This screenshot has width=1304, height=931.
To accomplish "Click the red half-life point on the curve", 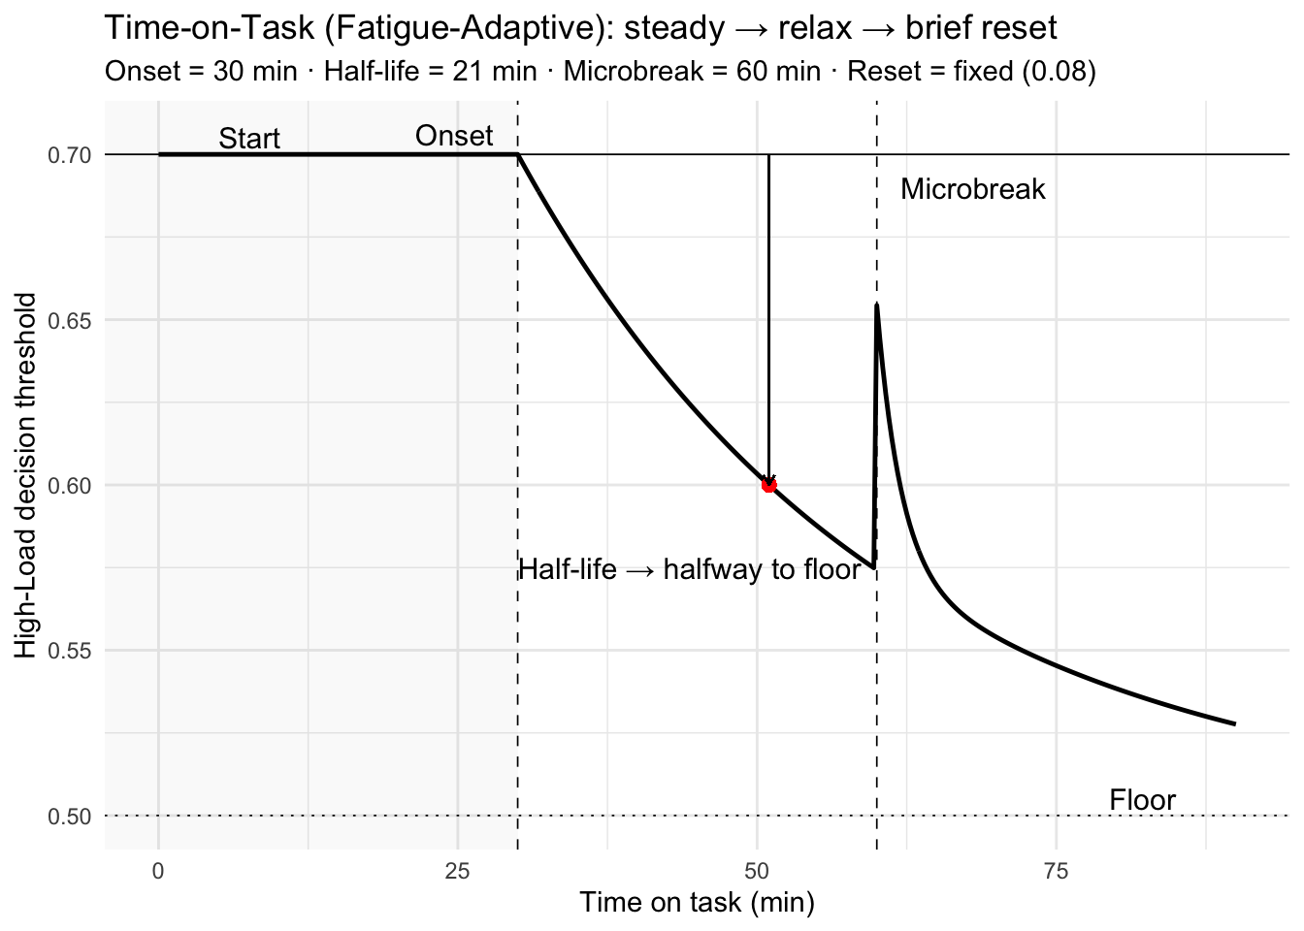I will tap(768, 485).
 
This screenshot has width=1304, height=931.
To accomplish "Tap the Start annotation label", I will tap(248, 139).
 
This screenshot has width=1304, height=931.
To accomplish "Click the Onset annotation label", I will tap(454, 136).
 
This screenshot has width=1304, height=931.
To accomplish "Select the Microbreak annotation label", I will tap(972, 189).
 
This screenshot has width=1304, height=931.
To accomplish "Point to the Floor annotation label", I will tap(1142, 800).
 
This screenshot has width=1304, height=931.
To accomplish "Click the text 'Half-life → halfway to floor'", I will tap(689, 569).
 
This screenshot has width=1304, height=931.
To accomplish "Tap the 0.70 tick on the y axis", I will tap(69, 155).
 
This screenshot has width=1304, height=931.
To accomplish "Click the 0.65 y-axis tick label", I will tap(69, 320).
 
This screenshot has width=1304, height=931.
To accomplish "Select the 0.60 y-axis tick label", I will tap(69, 485).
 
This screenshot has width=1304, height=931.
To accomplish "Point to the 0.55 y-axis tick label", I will tap(69, 651).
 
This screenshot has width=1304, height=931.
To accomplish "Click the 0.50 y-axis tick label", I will tap(69, 817).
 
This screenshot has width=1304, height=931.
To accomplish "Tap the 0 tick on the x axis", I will tap(158, 871).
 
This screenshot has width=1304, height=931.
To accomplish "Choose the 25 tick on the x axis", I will tap(457, 871).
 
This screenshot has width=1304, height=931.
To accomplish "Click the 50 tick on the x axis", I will tap(757, 871).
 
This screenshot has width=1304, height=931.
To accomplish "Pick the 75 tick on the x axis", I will tap(1056, 871).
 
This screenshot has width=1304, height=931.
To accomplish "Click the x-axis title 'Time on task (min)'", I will tap(697, 903).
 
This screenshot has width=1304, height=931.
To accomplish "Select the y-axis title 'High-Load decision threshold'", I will tap(26, 475).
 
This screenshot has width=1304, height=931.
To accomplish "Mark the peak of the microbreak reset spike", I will tap(877, 305).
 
